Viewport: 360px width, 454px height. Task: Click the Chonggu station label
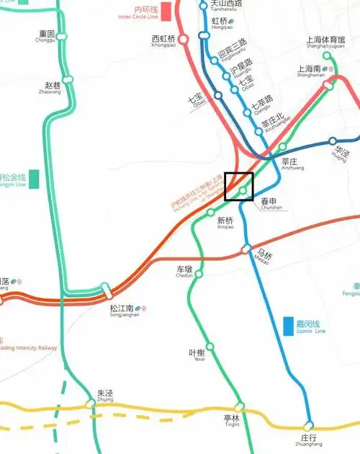click(x=47, y=36)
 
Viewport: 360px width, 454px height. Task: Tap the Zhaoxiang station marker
click(x=68, y=80)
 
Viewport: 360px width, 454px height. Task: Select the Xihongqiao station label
click(x=164, y=41)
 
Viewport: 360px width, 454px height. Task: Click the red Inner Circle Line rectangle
click(x=166, y=12)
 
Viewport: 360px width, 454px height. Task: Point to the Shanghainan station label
click(x=311, y=71)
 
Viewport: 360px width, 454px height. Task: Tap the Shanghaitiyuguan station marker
click(x=327, y=55)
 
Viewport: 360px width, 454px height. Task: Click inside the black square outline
click(x=239, y=187)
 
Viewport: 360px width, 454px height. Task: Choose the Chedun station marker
click(x=200, y=273)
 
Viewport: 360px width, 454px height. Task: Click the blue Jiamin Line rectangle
click(x=289, y=327)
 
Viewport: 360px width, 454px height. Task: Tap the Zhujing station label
click(x=105, y=396)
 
